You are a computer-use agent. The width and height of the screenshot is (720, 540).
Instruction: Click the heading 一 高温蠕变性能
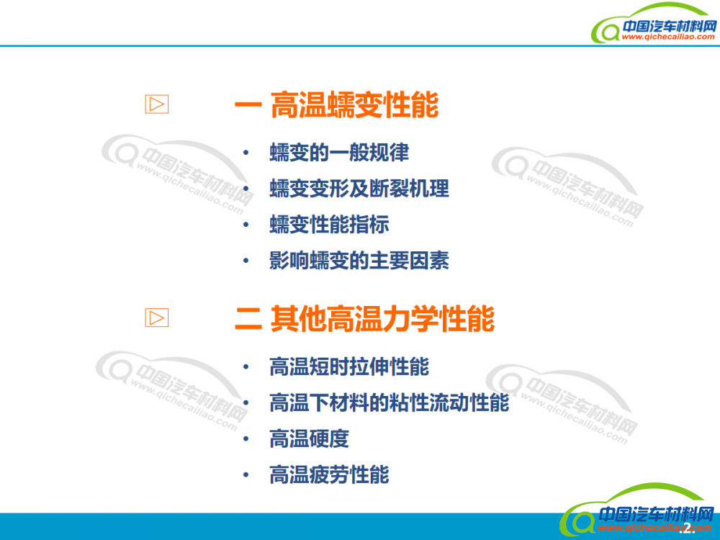(x=336, y=104)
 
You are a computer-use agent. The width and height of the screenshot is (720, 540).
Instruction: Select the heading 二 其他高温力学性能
(x=364, y=318)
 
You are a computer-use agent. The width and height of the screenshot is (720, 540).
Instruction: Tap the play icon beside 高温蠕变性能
(x=156, y=104)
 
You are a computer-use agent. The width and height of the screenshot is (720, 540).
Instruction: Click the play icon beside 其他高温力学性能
(x=156, y=318)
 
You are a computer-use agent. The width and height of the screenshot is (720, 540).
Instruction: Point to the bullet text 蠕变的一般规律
(x=339, y=153)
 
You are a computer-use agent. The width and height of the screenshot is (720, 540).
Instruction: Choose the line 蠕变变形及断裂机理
(x=359, y=188)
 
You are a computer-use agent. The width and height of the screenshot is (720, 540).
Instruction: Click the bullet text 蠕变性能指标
(x=329, y=225)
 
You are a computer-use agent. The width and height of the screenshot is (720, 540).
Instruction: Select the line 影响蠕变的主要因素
(x=359, y=261)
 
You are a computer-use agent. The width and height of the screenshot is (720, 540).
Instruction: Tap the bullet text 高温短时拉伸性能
(x=349, y=366)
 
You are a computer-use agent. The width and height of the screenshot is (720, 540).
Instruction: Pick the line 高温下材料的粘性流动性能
(x=389, y=402)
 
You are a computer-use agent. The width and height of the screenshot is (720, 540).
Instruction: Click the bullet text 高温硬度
(x=309, y=438)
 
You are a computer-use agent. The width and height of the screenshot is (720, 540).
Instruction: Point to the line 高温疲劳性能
(x=329, y=474)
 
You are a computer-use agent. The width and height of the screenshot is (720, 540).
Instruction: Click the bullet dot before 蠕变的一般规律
(x=246, y=153)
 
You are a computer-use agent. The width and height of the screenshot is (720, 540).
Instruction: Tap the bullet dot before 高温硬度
(x=246, y=438)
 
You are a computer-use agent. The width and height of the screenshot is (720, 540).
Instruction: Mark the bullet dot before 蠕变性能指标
(x=246, y=225)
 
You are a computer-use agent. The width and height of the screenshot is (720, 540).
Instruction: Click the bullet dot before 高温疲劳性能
(x=246, y=474)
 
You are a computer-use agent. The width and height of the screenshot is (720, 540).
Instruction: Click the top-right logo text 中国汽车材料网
(x=669, y=26)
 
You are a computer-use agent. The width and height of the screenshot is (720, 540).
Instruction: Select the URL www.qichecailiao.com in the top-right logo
(x=668, y=37)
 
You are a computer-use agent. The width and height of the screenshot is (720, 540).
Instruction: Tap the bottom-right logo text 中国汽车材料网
(x=657, y=514)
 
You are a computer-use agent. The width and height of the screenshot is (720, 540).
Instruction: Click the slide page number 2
(x=688, y=528)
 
